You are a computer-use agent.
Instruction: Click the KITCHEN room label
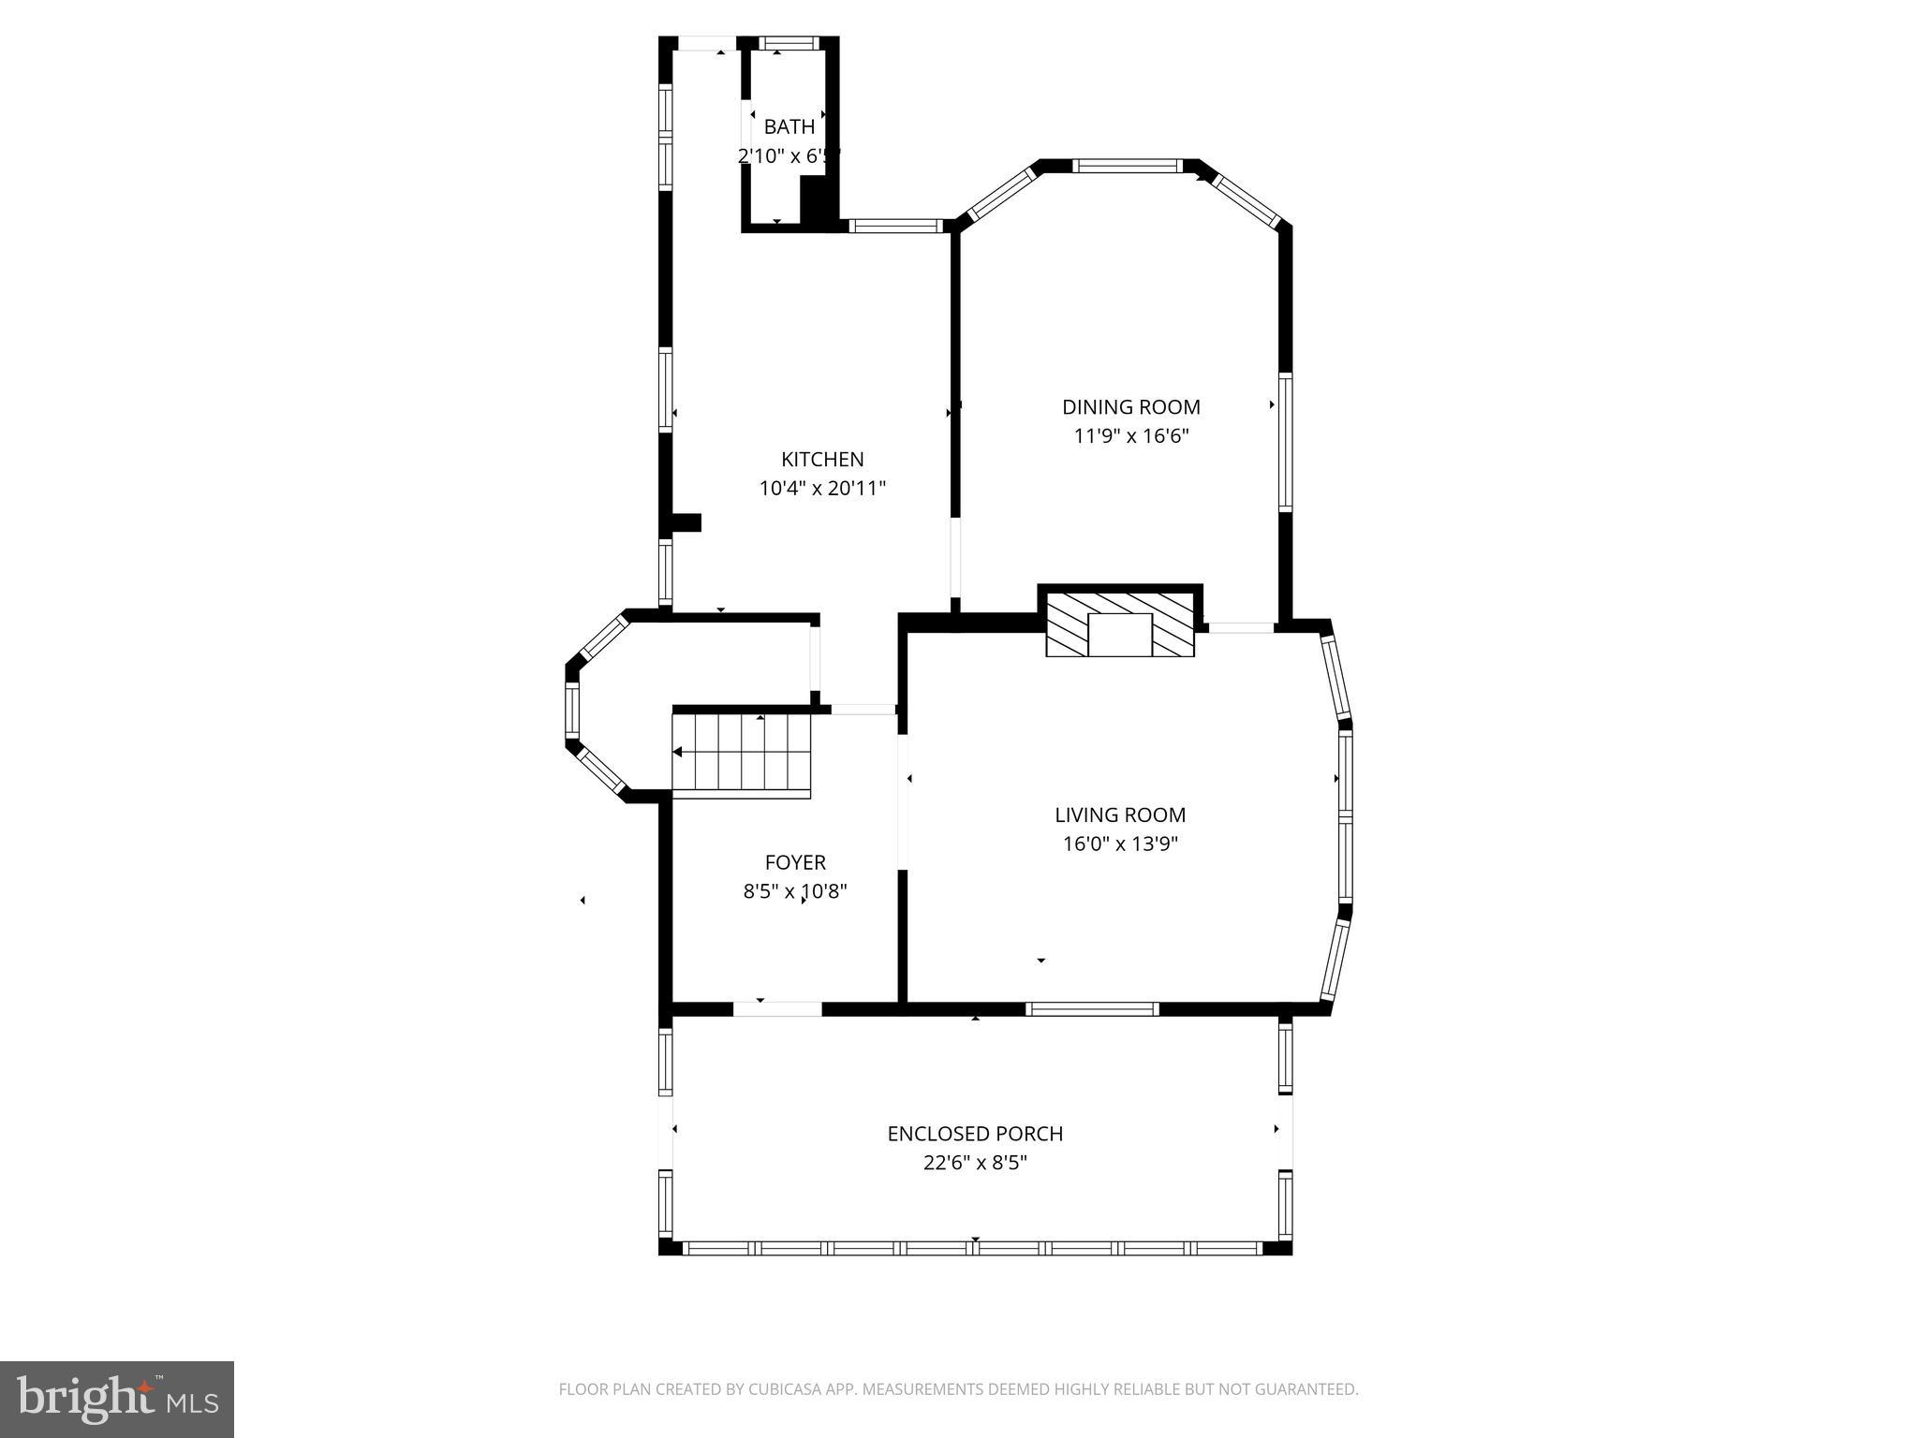pos(822,460)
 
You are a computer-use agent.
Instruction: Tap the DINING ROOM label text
pos(1130,407)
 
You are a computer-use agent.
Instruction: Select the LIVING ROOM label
pos(1120,815)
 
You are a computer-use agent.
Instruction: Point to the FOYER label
pos(795,862)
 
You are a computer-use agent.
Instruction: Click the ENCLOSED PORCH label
pos(975,1134)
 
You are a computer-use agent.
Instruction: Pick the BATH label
pos(789,127)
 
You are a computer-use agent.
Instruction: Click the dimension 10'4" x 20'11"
pos(822,489)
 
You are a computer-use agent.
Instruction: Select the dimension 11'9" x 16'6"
pos(1130,436)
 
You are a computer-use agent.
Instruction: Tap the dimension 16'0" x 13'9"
pos(1120,844)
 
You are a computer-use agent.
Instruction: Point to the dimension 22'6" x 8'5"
pos(975,1163)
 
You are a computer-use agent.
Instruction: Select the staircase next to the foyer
pos(742,754)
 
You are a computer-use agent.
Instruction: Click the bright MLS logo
pos(117,1400)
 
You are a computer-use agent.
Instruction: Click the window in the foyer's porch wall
pos(777,1008)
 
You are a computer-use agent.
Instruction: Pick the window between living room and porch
pos(1092,1008)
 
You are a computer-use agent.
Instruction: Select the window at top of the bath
pos(788,43)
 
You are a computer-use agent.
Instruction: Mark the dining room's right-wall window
pos(1286,442)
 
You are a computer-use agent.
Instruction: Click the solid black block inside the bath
pos(817,202)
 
